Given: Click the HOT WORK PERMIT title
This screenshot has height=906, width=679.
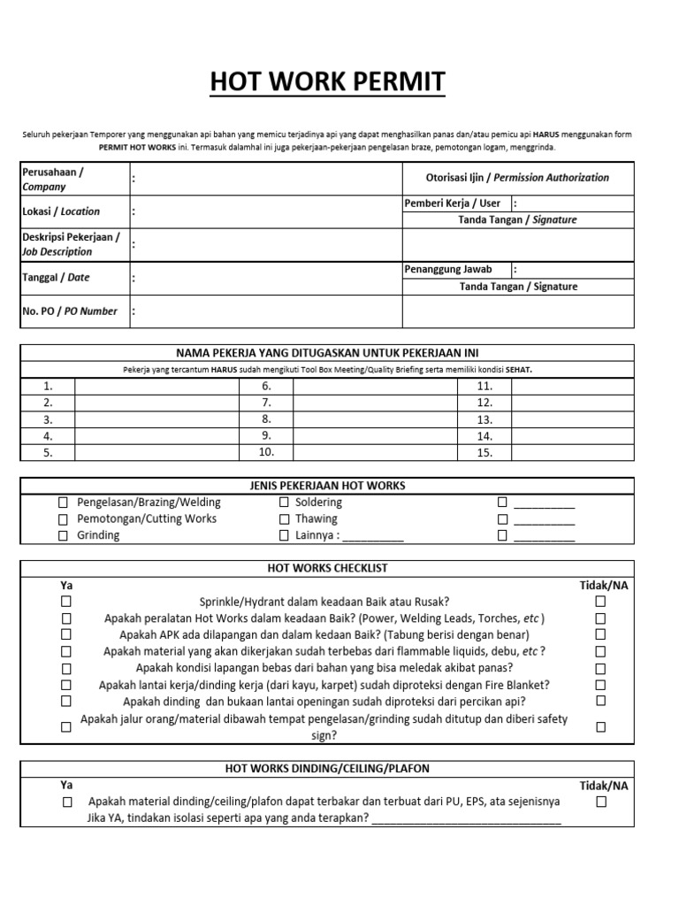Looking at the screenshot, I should pos(328,83).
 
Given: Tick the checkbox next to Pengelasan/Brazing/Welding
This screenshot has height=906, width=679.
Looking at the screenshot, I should pos(63,503).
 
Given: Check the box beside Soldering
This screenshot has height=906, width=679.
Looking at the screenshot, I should pos(284,503).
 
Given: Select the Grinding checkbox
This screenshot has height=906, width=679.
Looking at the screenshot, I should pos(63,536).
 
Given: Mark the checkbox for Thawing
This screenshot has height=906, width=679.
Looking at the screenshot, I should pos(284,519).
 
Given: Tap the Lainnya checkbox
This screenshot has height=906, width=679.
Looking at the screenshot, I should pos(284,536).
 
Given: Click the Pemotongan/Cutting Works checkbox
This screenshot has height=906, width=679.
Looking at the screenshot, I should pos(63,519).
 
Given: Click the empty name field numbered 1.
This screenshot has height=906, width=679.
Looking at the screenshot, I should pos(156,387).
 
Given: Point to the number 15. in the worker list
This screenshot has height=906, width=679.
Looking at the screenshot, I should pos(484,453).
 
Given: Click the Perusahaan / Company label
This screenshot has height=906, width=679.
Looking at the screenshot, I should pos(52,180).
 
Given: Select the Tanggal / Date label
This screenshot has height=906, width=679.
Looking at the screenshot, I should pos(56,277).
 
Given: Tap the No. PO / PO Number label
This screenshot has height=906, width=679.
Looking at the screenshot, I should pos(70,311).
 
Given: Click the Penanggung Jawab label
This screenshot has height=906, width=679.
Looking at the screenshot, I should pos(448,269).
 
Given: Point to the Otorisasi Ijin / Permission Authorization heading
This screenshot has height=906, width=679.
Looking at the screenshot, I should pos(517,178).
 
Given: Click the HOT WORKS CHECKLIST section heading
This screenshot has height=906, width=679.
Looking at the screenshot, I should pos(327,568).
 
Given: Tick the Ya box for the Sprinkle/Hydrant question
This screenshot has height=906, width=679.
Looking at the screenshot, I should pos(66,602).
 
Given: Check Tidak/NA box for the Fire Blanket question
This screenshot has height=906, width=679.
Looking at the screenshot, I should pos(601,685).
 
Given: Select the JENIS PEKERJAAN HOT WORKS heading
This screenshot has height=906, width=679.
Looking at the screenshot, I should pos(327,486).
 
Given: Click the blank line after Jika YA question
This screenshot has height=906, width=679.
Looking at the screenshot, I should pos(466,818).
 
